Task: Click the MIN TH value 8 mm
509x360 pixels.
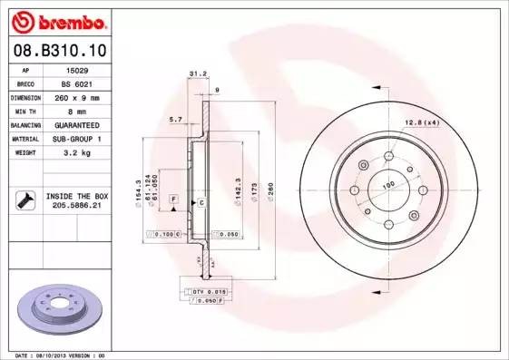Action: coord(76,110)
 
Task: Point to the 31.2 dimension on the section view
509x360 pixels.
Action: coord(193,73)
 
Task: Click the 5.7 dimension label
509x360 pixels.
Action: coord(175,119)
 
